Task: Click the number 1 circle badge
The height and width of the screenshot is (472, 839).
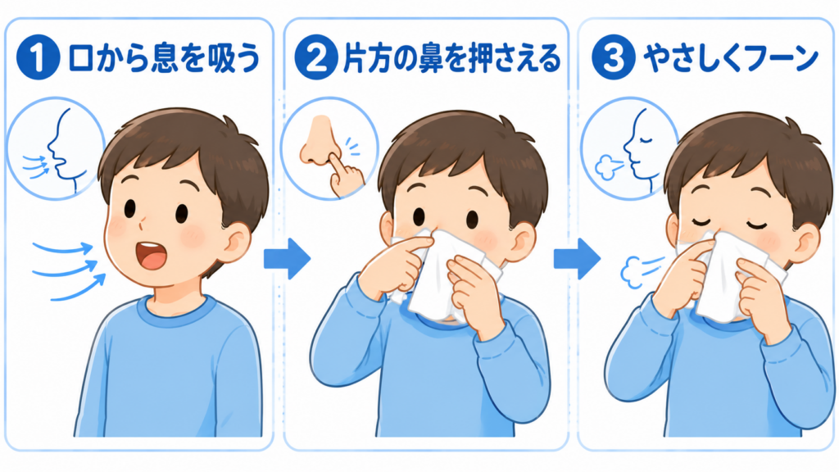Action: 38,57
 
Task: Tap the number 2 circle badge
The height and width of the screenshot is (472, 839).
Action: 316,57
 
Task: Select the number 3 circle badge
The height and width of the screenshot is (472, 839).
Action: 613,57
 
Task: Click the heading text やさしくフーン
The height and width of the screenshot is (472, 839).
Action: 731,58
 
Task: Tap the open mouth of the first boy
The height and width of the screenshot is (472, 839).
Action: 152,255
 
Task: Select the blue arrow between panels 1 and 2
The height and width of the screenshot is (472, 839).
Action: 287,259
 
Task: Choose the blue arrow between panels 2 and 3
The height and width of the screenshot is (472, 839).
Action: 577,259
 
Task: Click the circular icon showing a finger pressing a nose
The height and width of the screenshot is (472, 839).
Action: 329,148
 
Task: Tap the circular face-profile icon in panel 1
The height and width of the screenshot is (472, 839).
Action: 56,148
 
